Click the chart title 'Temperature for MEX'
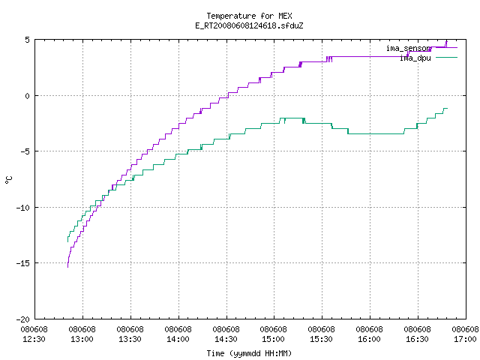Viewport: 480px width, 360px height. pyautogui.click(x=249, y=16)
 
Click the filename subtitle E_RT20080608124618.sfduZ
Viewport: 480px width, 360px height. pyautogui.click(x=249, y=25)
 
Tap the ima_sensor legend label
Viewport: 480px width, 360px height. pyautogui.click(x=409, y=48)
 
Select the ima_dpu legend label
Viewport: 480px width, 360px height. pyautogui.click(x=415, y=58)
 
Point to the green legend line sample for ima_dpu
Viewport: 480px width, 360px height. pyautogui.click(x=446, y=57)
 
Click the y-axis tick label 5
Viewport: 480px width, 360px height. pyautogui.click(x=27, y=40)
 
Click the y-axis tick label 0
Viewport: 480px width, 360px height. pyautogui.click(x=27, y=96)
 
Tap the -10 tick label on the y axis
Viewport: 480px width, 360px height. pyautogui.click(x=23, y=208)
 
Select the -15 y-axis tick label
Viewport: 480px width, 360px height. pyautogui.click(x=23, y=263)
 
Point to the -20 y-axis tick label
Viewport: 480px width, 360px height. pyautogui.click(x=23, y=319)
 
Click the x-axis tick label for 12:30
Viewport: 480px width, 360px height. pyautogui.click(x=34, y=334)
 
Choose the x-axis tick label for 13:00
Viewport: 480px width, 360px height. pyautogui.click(x=82, y=334)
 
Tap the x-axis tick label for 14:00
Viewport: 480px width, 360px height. pyautogui.click(x=178, y=334)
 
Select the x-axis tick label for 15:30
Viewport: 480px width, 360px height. pyautogui.click(x=321, y=334)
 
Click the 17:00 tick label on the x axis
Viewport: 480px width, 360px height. pyautogui.click(x=465, y=334)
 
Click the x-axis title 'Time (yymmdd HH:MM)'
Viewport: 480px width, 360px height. pyautogui.click(x=249, y=353)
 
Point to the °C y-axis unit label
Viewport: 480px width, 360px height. pyautogui.click(x=8, y=180)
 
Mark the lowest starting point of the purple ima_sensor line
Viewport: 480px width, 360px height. pyautogui.click(x=67, y=267)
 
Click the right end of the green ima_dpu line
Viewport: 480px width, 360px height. pyautogui.click(x=447, y=108)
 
